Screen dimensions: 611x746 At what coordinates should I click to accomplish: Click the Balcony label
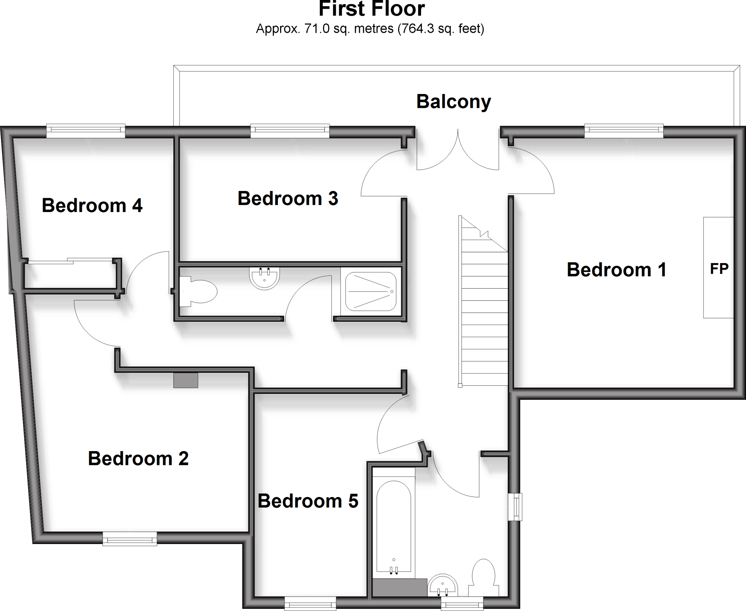[x=454, y=102]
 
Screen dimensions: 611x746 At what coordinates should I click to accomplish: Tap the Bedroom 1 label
[x=616, y=270]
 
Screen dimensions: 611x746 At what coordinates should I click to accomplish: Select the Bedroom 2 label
[x=138, y=458]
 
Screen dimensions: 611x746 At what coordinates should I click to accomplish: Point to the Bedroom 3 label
[x=288, y=199]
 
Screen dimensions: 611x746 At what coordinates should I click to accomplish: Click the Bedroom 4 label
[x=92, y=205]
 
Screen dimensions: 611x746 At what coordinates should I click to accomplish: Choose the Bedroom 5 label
[x=308, y=501]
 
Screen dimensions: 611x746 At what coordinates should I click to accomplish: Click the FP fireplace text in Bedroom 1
[x=719, y=269]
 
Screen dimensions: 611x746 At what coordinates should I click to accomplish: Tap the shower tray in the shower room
[x=371, y=291]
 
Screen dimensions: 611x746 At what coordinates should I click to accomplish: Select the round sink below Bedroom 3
[x=265, y=278]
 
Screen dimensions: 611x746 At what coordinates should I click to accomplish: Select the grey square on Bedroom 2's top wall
[x=185, y=380]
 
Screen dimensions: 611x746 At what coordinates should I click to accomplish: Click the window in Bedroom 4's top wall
[x=86, y=130]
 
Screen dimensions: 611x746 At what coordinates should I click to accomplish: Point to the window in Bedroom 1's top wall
[x=624, y=130]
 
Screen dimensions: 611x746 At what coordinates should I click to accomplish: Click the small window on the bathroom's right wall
[x=515, y=507]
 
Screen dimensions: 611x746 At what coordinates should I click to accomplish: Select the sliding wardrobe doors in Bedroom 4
[x=69, y=261]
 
